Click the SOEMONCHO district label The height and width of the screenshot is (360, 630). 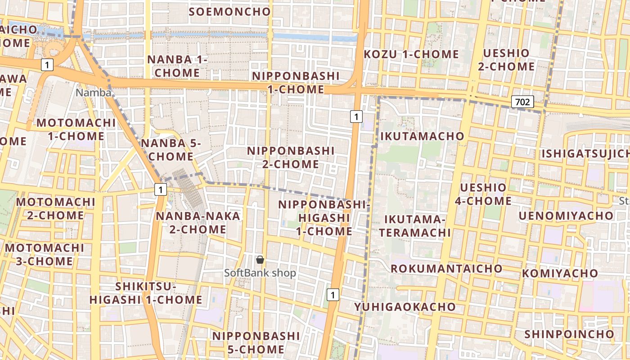230,12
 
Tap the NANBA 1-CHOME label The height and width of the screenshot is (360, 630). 177,66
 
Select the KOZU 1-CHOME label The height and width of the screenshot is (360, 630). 411,54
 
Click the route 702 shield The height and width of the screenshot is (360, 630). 522,102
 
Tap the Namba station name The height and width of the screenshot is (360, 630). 94,93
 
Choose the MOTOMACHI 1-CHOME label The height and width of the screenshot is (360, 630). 76,129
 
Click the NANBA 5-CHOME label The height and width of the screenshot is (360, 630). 171,150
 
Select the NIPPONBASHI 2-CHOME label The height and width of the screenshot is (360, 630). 291,157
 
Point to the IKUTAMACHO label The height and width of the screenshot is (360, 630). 422,136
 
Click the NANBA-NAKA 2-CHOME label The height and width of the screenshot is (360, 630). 198,223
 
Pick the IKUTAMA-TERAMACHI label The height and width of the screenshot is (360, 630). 414,225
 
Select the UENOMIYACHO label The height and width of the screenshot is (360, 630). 566,216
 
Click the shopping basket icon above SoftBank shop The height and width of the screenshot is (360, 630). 260,259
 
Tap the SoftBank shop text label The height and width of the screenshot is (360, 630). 260,273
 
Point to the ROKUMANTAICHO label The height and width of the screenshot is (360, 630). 446,269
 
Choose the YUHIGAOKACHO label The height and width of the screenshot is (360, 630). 405,307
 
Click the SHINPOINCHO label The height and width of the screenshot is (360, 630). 569,334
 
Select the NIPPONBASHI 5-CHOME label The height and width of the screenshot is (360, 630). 256,342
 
